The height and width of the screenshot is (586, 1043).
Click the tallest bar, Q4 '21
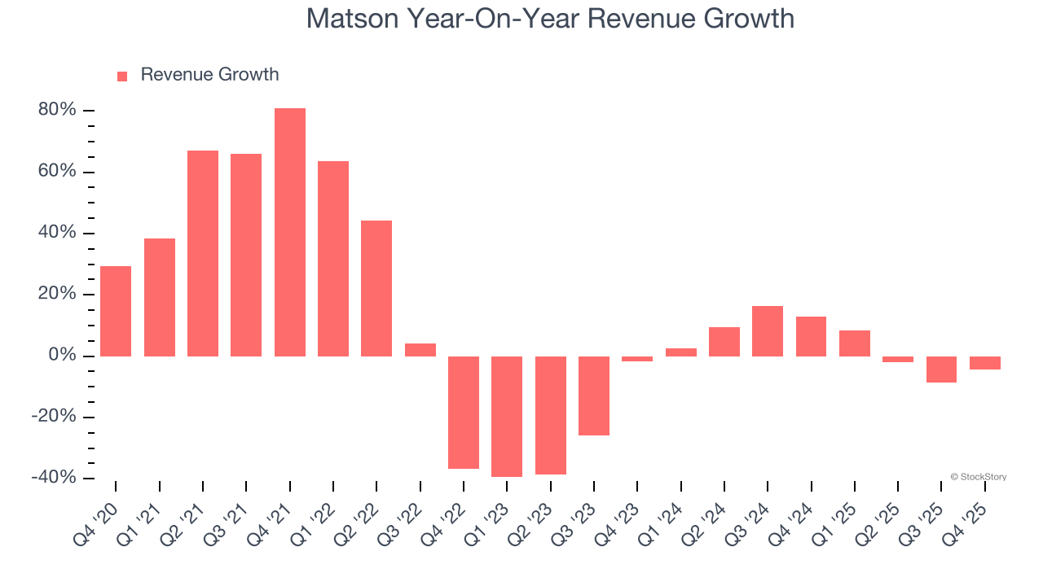coord(289,232)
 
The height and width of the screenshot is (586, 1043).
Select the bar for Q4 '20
coord(116,311)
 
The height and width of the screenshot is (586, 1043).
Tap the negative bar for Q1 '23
coord(507,416)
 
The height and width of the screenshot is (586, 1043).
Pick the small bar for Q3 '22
coord(420,350)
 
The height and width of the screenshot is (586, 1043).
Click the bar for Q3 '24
coord(768,331)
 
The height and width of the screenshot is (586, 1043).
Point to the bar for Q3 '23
coord(594,396)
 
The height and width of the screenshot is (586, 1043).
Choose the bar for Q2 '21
coord(203,253)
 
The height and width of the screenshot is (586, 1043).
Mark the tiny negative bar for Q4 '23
coord(637,359)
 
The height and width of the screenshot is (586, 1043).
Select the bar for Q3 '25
coord(941,370)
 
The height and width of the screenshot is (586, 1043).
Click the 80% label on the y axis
coord(57,110)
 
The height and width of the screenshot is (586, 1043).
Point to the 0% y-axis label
coord(62,356)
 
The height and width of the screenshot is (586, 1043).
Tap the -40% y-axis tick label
coord(54,478)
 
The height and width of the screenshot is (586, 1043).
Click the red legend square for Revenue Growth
coord(122,77)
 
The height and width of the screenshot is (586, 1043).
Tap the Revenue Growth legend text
coord(209,75)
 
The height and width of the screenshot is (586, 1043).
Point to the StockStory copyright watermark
coord(978,477)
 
